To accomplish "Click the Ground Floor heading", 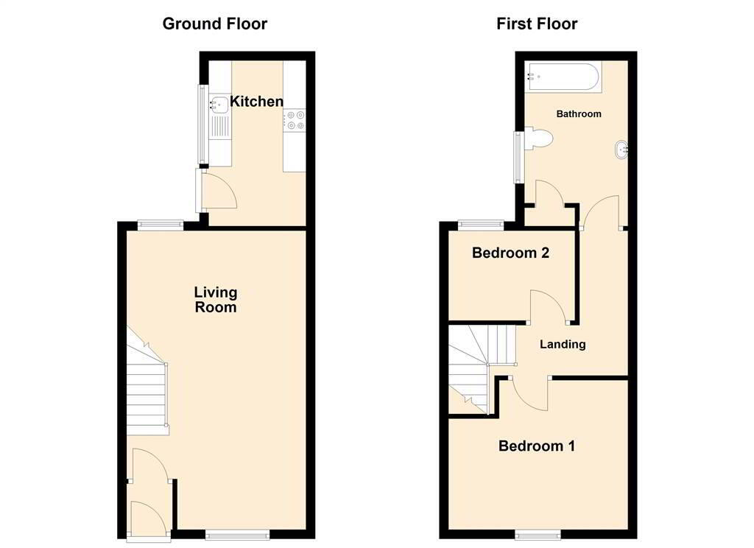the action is click(x=214, y=24).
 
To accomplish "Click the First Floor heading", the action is click(x=537, y=24).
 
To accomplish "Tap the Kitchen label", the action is click(x=256, y=101).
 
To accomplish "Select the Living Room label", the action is click(x=216, y=299).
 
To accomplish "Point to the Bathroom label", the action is click(x=579, y=114).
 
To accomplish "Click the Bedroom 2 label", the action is click(x=510, y=253).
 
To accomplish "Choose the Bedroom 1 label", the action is click(x=537, y=446).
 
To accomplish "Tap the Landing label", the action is click(x=563, y=344).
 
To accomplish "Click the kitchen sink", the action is click(x=219, y=103).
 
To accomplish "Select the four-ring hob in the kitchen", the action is click(x=295, y=120).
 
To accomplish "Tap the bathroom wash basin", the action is click(x=621, y=150).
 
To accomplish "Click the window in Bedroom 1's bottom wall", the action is click(x=538, y=534).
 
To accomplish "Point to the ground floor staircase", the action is click(x=147, y=382).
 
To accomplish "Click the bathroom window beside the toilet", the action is click(x=518, y=157).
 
